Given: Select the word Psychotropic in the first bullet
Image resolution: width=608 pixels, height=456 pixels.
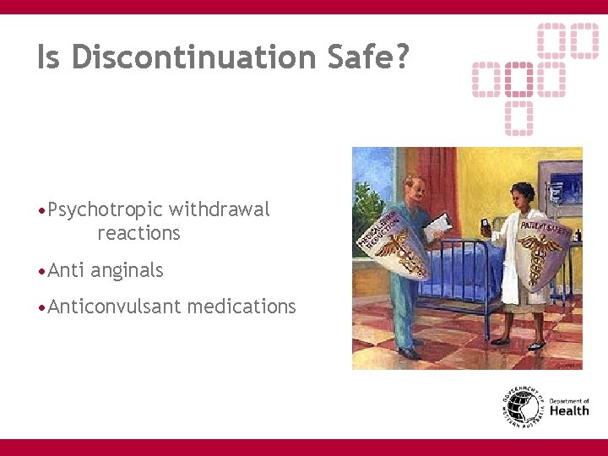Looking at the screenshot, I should coord(106,209).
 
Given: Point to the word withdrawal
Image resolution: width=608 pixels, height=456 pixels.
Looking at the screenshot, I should coord(220,209).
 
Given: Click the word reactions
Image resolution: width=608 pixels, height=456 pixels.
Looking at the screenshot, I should coord(138,233).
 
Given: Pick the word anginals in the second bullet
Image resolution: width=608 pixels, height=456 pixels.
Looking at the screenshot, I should coord(127,270).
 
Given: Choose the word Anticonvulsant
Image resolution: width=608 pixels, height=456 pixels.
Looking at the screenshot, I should coord(115,307).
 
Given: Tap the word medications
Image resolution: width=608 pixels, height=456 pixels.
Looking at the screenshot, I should coord(242,307).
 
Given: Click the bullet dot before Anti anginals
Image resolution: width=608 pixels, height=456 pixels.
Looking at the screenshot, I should coord(41,271).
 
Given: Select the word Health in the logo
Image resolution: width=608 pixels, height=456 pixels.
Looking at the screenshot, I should coord(569,411).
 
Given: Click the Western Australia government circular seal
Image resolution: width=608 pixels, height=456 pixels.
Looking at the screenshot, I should coord(522,408).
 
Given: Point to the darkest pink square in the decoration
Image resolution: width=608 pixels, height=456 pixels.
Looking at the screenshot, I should coord(518,79).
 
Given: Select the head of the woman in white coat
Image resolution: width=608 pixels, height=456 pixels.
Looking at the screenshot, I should coord(524,195).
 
